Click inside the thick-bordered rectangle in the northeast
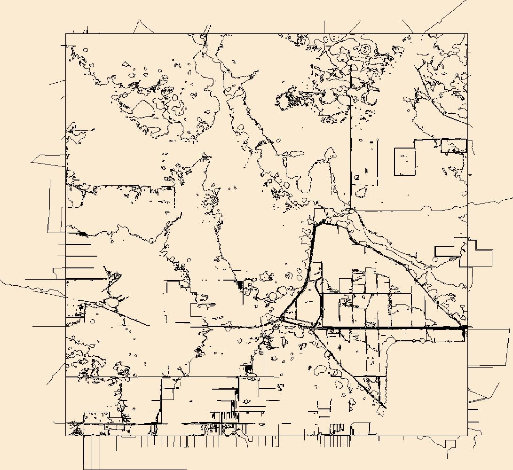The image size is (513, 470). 404,162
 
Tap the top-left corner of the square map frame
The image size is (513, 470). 66,34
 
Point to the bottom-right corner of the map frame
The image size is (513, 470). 467,436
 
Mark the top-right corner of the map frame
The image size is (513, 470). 467,34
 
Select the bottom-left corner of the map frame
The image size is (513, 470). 66,436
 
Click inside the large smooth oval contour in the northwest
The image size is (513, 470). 143,109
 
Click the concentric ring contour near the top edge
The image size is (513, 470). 366,48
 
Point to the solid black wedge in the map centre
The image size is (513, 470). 240,284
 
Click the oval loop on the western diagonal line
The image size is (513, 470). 113,301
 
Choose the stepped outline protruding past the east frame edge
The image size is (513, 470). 480,254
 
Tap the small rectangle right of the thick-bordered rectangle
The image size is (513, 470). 453,146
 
